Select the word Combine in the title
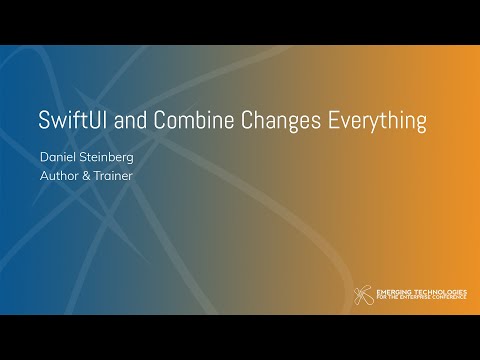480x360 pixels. (199, 122)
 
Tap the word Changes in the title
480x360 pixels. (286, 122)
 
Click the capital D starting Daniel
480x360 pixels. (44, 157)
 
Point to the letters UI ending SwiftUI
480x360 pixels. (104, 122)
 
